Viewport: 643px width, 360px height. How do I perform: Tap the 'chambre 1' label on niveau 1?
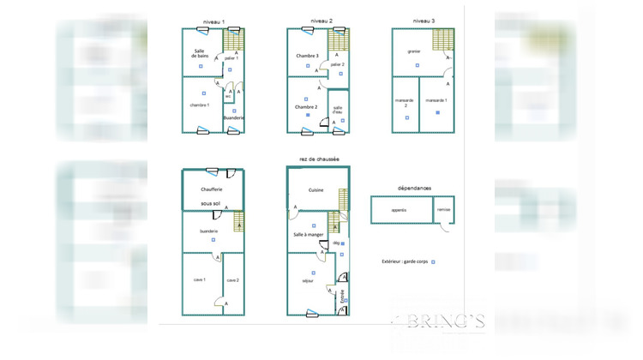coord(200,105)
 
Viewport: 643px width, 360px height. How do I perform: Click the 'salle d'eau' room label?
coord(338,109)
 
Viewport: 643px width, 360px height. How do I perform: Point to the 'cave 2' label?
coord(232,280)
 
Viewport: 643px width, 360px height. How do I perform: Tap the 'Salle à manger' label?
coord(307,235)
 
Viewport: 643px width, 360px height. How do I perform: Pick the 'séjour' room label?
coord(307,280)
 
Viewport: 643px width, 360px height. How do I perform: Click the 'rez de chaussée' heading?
coord(319,159)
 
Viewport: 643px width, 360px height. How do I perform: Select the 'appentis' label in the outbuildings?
coord(399,209)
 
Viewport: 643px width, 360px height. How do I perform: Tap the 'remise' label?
coord(443,209)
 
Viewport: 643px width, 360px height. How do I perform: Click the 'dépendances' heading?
coord(414,188)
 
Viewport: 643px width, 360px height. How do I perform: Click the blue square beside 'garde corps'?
coord(434,261)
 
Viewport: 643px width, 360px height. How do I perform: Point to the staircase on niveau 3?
coord(443,39)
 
